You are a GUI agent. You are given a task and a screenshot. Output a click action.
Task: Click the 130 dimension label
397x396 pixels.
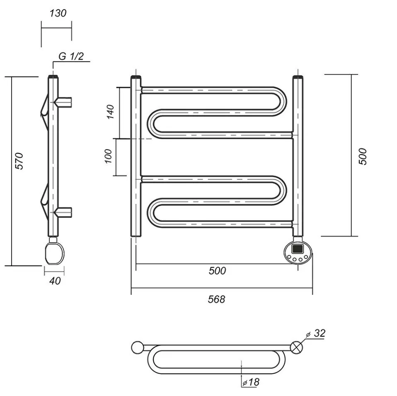(x=58, y=13)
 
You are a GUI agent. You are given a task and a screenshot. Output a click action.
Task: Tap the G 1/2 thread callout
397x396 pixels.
(x=71, y=56)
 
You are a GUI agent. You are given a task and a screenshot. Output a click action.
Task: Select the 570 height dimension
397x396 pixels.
(x=19, y=161)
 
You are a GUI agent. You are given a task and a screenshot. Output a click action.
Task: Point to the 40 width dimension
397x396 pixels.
(x=55, y=281)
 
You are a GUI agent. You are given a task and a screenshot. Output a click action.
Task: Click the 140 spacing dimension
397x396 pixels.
(x=110, y=111)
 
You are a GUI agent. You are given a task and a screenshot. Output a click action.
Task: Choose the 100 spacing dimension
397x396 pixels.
(x=108, y=157)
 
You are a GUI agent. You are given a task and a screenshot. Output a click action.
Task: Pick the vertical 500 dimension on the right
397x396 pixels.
(x=363, y=157)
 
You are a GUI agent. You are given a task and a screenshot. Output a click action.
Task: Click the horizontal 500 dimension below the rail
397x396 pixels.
(x=217, y=271)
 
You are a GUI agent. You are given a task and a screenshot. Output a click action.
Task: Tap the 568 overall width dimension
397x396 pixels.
(x=216, y=299)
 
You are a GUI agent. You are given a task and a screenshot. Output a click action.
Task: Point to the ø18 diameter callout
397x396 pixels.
(x=251, y=382)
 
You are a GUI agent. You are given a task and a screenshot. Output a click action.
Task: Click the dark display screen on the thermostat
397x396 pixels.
(x=297, y=248)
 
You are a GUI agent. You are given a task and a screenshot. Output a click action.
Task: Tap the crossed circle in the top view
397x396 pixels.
(x=296, y=348)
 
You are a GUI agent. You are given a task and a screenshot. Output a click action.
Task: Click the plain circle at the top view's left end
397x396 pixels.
(x=138, y=348)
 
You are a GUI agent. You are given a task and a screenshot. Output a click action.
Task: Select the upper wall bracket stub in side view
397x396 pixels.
(x=64, y=102)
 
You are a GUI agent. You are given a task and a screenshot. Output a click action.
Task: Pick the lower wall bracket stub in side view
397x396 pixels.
(x=64, y=212)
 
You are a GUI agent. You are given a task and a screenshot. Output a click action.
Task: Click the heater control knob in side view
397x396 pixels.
(x=54, y=253)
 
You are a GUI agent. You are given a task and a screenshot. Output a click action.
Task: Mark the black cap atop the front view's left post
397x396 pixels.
(x=136, y=77)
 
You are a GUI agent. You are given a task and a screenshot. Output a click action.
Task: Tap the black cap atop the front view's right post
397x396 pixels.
(x=298, y=77)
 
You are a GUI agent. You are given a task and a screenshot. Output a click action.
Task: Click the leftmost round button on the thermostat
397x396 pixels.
(x=289, y=257)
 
